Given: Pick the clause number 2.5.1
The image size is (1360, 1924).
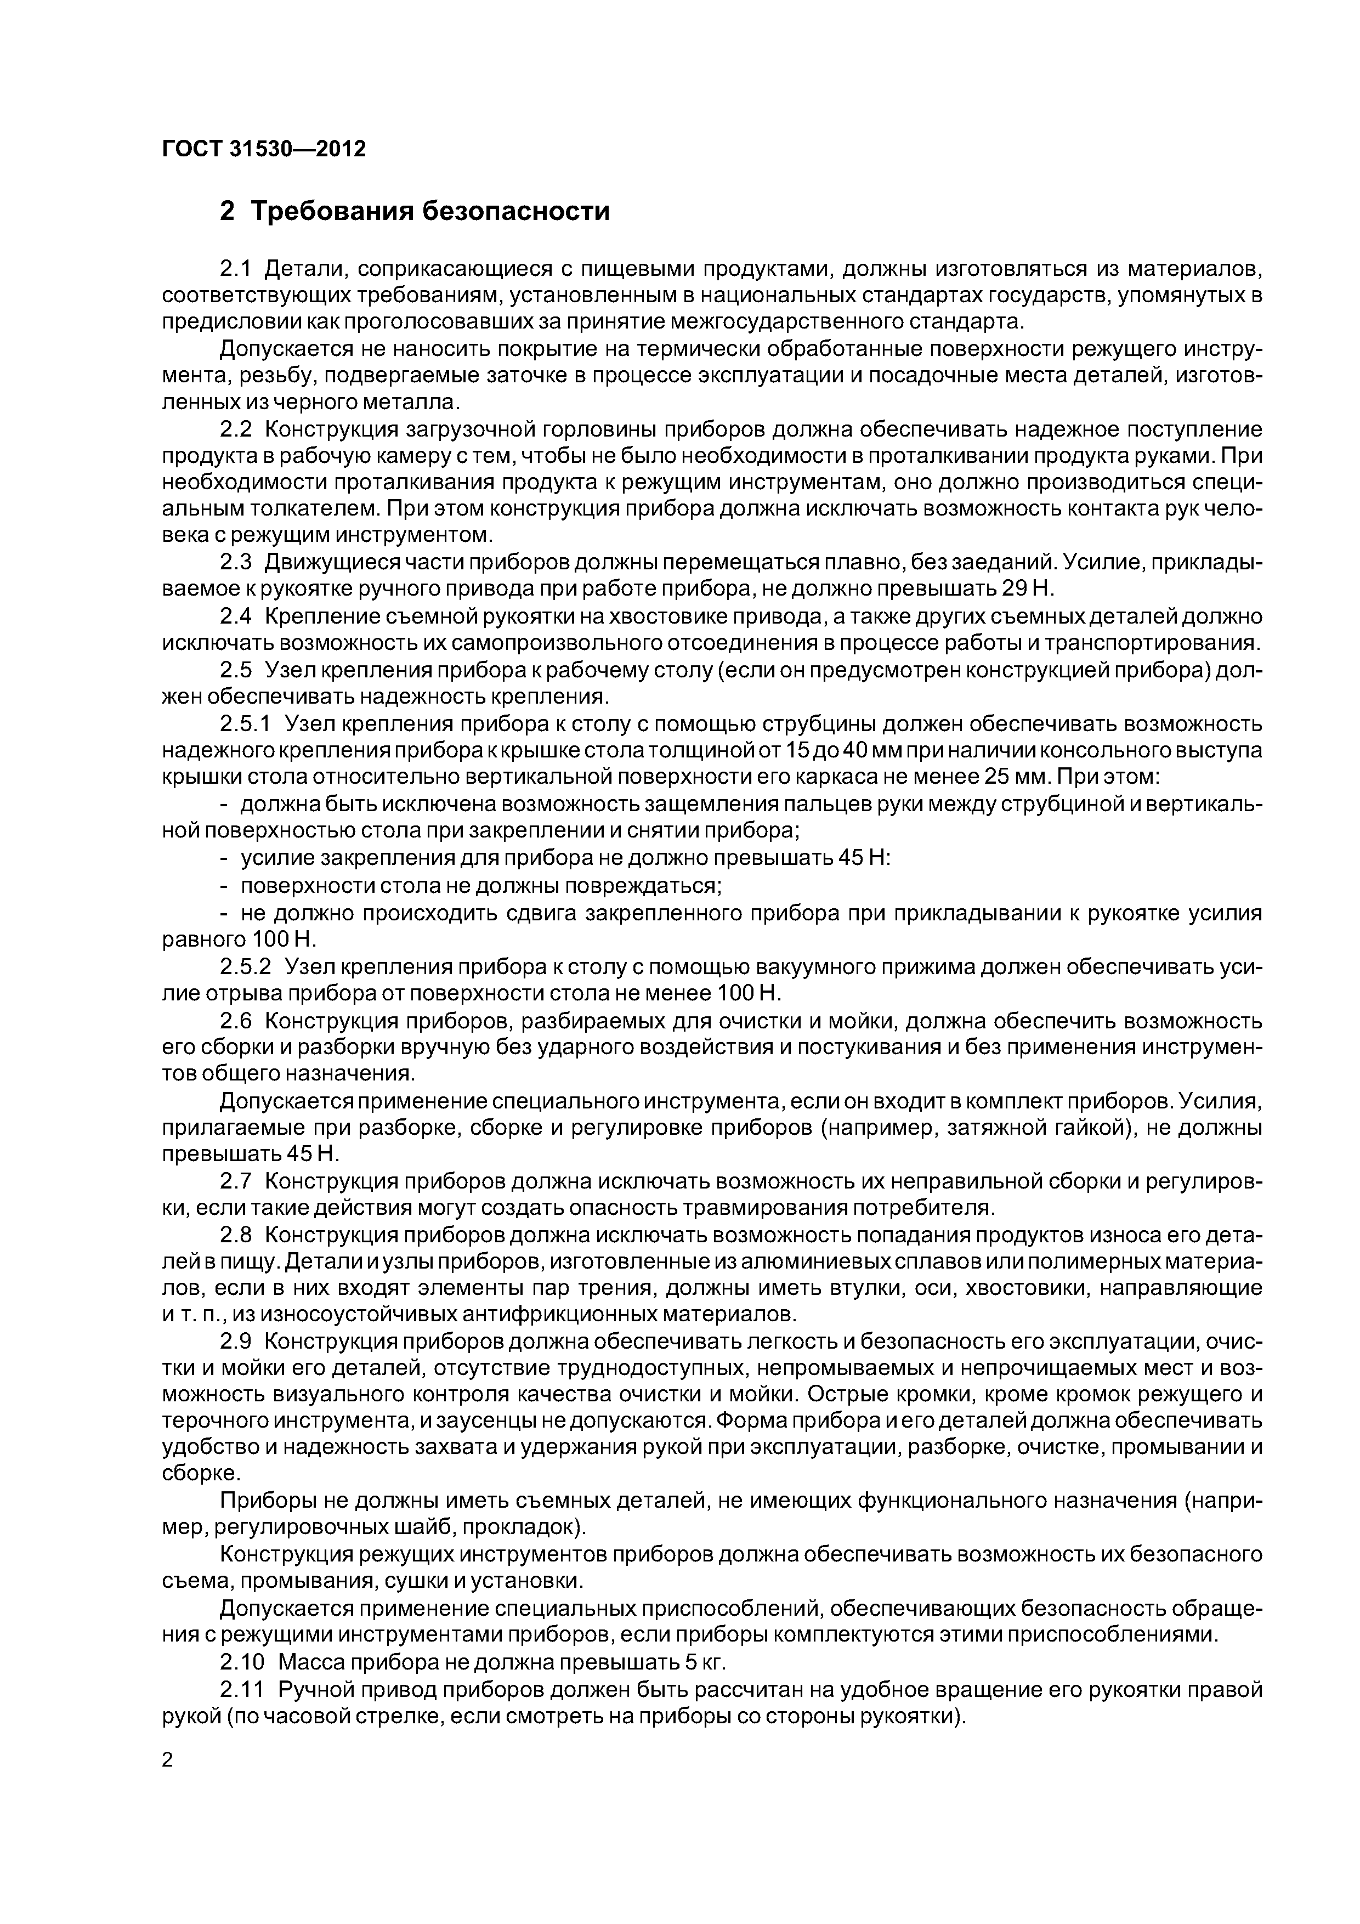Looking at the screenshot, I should (246, 724).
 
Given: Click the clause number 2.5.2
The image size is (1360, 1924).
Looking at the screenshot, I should (246, 967).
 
